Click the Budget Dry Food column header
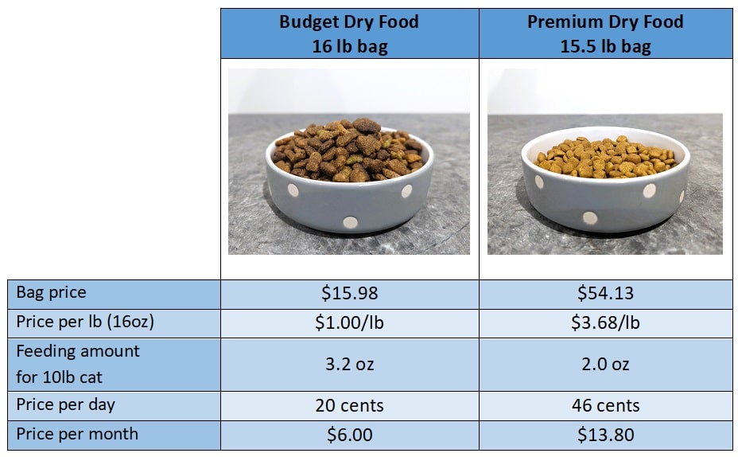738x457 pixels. pos(349,34)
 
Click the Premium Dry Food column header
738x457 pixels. pos(605,34)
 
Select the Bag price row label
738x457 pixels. pos(51,292)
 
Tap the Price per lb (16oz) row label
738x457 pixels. pos(85,322)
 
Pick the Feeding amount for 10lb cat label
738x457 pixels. pos(77,363)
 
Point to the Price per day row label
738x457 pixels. pos(65,404)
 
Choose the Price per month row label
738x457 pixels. pos(76,434)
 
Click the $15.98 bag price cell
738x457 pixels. pos(349,293)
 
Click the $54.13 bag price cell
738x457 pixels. pos(605,293)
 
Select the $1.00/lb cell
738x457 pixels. pos(349,322)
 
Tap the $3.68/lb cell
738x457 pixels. pos(605,322)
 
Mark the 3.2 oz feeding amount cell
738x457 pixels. pos(349,364)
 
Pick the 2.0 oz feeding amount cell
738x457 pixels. pos(605,364)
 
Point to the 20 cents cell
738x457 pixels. pos(349,405)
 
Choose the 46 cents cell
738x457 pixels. pos(605,405)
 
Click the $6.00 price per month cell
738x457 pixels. pos(349,435)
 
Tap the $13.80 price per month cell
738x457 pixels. pos(605,435)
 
